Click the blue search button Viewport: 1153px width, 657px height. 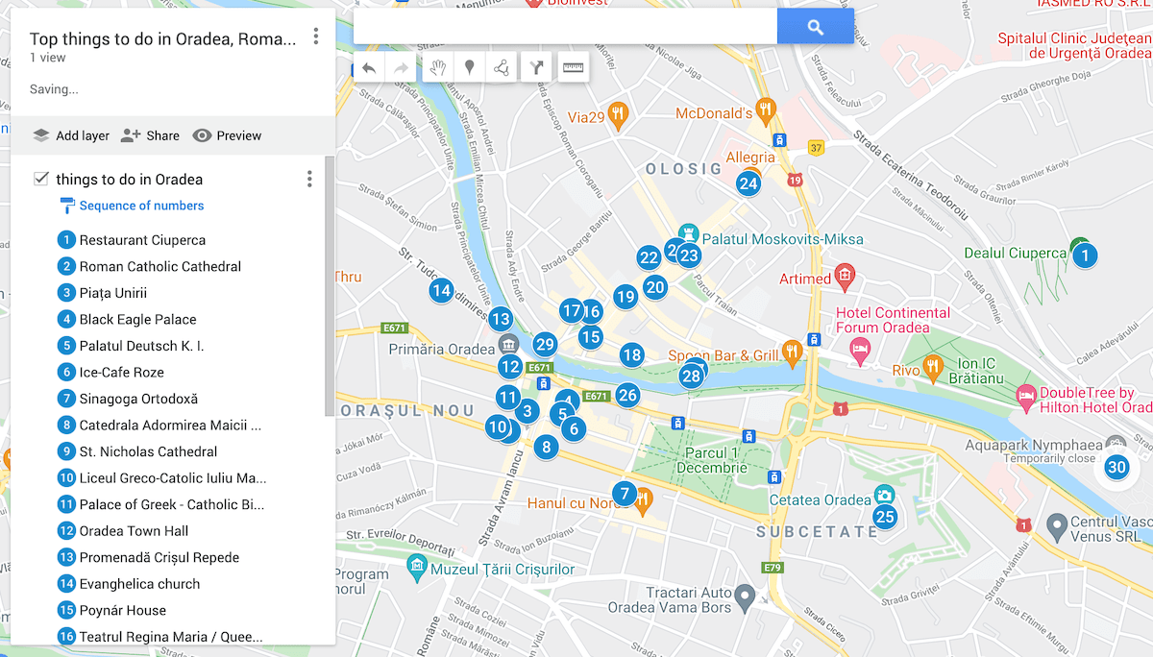click(x=815, y=27)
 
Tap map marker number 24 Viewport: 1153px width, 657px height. click(x=748, y=183)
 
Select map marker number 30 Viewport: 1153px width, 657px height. click(x=1116, y=468)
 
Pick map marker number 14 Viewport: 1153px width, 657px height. click(x=441, y=290)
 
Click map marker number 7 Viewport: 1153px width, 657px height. click(x=625, y=495)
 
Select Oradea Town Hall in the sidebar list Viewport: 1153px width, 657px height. click(x=134, y=530)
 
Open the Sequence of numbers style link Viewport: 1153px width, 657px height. click(x=141, y=206)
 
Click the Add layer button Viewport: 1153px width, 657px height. click(x=71, y=135)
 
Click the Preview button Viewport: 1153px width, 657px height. click(x=227, y=135)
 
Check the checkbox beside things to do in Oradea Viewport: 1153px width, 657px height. click(x=41, y=179)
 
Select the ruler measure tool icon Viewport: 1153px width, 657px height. click(x=574, y=67)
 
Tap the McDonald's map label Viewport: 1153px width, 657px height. click(x=713, y=113)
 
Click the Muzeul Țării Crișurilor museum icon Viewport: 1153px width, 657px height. click(x=417, y=569)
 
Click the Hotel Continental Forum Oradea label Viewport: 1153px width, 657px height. click(x=893, y=320)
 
